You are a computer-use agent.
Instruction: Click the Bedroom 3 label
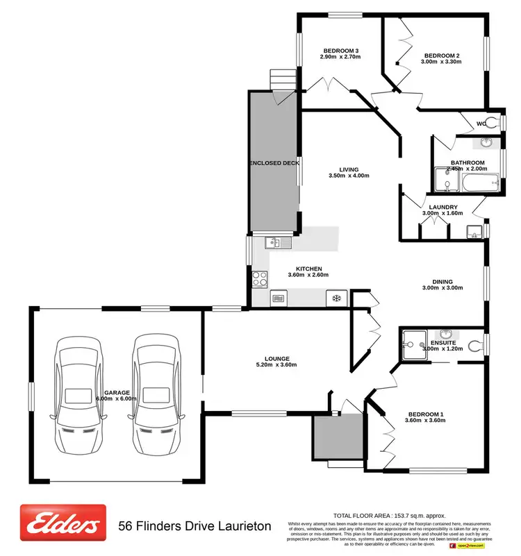point(340,50)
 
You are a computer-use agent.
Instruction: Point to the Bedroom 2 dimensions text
point(441,62)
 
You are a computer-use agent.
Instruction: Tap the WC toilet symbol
point(493,124)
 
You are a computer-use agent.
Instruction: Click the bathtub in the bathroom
point(479,185)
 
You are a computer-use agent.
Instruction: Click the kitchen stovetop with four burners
point(260,278)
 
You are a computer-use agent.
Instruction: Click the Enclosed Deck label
point(274,162)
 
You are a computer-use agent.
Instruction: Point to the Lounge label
point(276,358)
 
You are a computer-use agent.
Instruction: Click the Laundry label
point(443,207)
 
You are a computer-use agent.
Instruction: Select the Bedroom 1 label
point(425,415)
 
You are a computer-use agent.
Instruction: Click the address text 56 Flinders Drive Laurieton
point(195,527)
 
